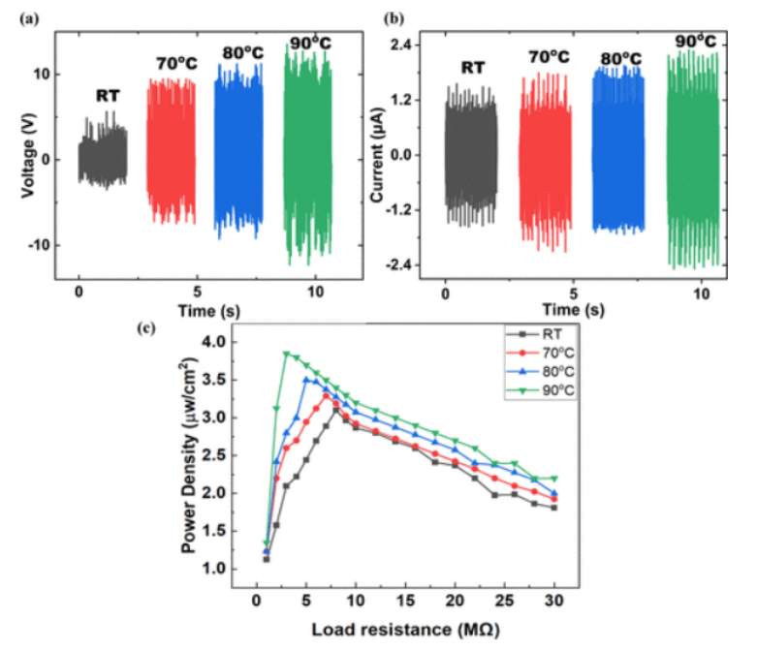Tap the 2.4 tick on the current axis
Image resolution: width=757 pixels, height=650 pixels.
point(405,45)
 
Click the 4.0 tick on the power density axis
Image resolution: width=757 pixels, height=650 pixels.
point(225,342)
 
